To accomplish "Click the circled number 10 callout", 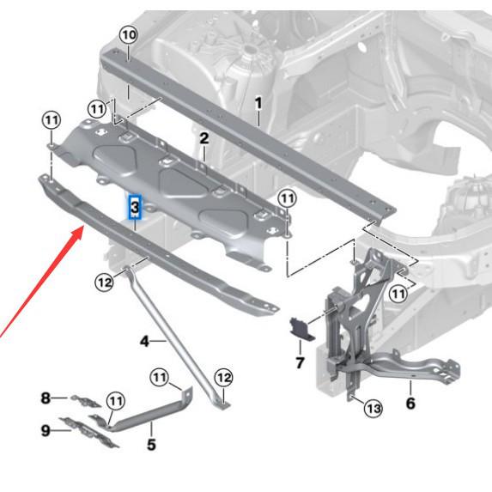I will (x=128, y=35).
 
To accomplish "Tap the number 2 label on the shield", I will (x=203, y=138).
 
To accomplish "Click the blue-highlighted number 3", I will (x=136, y=207).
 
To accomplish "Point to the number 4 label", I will (x=145, y=342).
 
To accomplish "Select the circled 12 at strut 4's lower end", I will (x=223, y=377).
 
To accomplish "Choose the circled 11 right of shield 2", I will (x=287, y=198).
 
